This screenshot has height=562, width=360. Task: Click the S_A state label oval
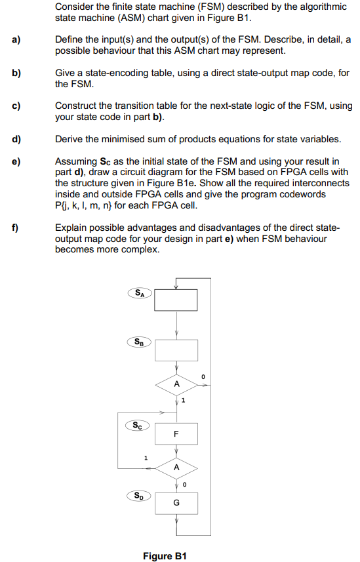pyautogui.click(x=139, y=294)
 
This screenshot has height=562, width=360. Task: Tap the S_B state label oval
pyautogui.click(x=139, y=341)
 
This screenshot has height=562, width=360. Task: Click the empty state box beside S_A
pyautogui.click(x=175, y=302)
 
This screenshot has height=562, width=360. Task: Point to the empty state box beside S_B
pyautogui.click(x=175, y=350)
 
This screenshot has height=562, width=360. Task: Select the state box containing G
pyautogui.click(x=175, y=504)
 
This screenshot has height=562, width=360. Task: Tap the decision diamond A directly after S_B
pyautogui.click(x=176, y=384)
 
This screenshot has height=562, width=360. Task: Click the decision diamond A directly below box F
pyautogui.click(x=176, y=468)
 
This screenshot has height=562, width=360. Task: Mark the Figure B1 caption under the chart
pyautogui.click(x=165, y=555)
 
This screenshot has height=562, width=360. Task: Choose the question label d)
pyautogui.click(x=15, y=139)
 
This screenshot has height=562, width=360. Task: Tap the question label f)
pyautogui.click(x=15, y=228)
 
